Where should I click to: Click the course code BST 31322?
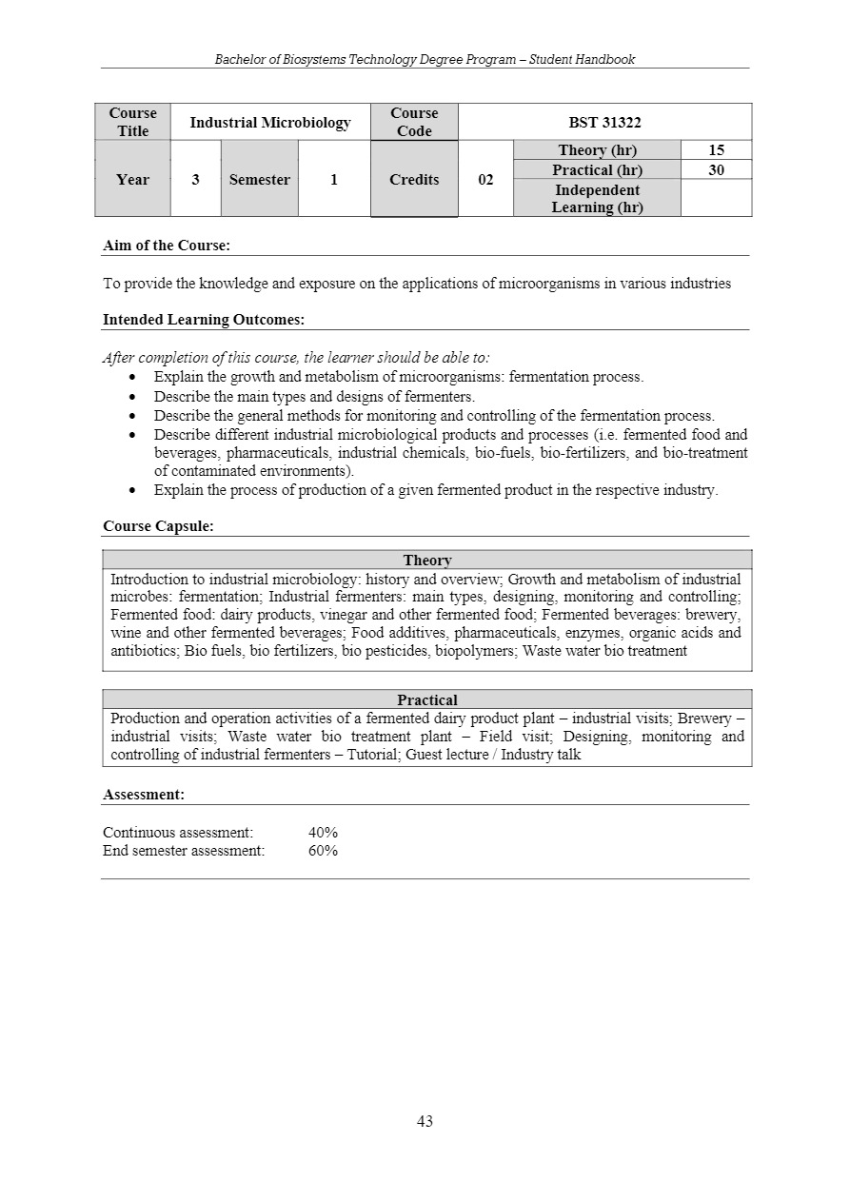click(x=604, y=123)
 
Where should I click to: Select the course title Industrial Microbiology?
click(x=270, y=123)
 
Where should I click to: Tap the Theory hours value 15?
click(x=716, y=150)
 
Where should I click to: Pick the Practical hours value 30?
click(x=716, y=170)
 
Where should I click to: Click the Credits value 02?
click(x=485, y=179)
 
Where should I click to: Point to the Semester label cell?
click(x=260, y=179)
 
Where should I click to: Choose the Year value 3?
click(x=195, y=179)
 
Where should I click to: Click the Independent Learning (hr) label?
click(x=597, y=198)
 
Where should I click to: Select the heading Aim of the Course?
click(x=167, y=246)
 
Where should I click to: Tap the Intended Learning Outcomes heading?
click(x=204, y=320)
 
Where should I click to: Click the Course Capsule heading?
click(x=158, y=525)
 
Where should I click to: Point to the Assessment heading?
click(x=144, y=794)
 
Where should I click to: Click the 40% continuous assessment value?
click(x=324, y=833)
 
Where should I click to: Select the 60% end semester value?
click(x=324, y=851)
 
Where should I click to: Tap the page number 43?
click(x=425, y=1121)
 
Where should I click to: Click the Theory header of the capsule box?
click(x=427, y=561)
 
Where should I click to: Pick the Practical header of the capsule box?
click(x=427, y=699)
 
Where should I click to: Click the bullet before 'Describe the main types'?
click(x=132, y=397)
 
